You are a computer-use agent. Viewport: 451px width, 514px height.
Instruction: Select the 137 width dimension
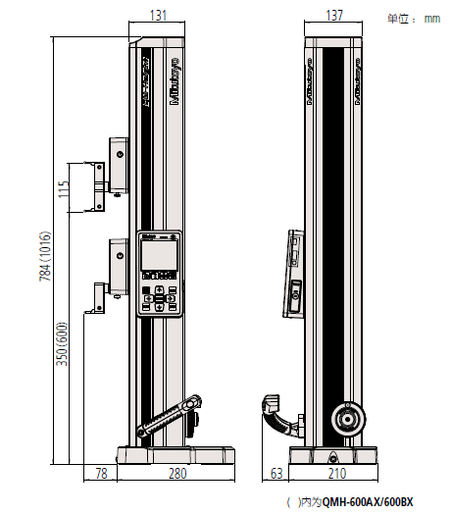pyautogui.click(x=332, y=15)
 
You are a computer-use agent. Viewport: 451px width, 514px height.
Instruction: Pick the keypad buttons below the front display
pyautogui.click(x=160, y=297)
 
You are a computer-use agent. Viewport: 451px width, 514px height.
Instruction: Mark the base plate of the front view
pyautogui.click(x=176, y=455)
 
